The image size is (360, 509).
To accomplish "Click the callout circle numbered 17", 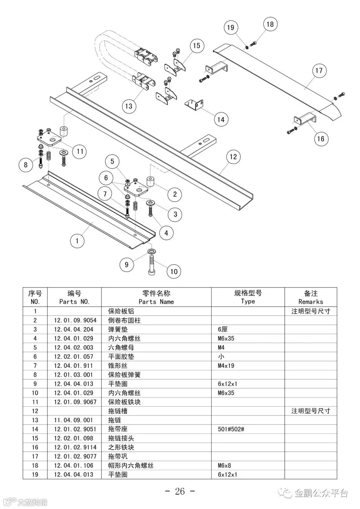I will pyautogui.click(x=318, y=71).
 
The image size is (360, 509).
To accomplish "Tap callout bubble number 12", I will pyautogui.click(x=233, y=157).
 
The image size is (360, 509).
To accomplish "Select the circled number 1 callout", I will pyautogui.click(x=77, y=241).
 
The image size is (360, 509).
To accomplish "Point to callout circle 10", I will pyautogui.click(x=174, y=272).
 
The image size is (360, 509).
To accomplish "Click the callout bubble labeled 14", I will pyautogui.click(x=221, y=119).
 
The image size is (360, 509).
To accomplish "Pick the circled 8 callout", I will pyautogui.click(x=26, y=164).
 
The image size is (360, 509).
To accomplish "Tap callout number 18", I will pyautogui.click(x=270, y=24).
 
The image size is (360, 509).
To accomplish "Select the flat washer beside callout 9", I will pyautogui.click(x=152, y=251).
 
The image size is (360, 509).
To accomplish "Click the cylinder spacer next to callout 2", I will pyautogui.click(x=151, y=182).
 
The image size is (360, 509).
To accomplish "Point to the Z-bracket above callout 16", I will pyautogui.click(x=305, y=120).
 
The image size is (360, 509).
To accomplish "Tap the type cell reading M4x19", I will pyautogui.click(x=227, y=365).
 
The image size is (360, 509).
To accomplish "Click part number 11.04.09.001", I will pyautogui.click(x=73, y=420).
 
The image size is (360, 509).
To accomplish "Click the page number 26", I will pyautogui.click(x=180, y=491).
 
